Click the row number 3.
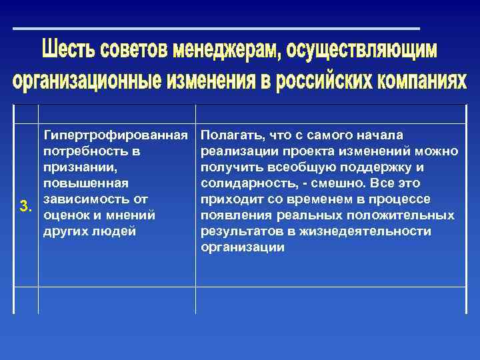[26, 206]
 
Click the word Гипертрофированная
[115, 135]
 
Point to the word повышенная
[85, 183]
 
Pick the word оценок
[63, 215]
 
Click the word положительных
[406, 215]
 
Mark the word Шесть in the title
[68, 50]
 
